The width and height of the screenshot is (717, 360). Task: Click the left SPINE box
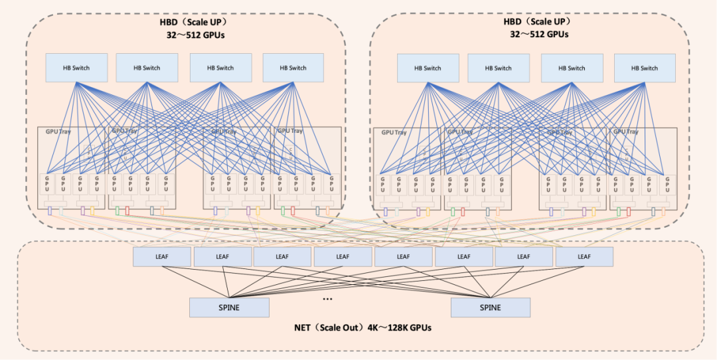click(229, 308)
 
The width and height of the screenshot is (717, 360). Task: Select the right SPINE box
click(491, 308)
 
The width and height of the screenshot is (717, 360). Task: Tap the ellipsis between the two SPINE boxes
click(327, 300)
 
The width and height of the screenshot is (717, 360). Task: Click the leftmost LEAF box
click(161, 256)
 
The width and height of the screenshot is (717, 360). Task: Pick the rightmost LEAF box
click(584, 256)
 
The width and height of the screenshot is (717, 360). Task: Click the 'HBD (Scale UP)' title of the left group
click(192, 23)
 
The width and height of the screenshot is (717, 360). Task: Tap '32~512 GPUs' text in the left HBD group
click(192, 35)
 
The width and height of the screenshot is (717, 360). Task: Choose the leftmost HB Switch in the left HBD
click(76, 68)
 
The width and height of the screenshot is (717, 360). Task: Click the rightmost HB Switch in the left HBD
click(293, 68)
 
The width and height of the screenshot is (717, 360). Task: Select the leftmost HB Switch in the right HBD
click(428, 68)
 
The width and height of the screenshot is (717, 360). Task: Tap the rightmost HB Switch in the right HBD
click(645, 68)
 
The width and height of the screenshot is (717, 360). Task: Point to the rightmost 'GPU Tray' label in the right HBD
click(625, 132)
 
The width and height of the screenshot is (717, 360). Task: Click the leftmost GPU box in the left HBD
click(47, 183)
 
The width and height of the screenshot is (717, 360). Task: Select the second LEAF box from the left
click(222, 256)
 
